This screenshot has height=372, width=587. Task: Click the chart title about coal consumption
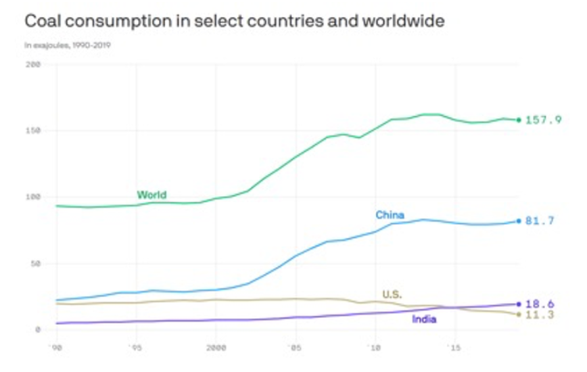(234, 21)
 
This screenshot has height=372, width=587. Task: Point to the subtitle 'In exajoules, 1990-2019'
(68, 46)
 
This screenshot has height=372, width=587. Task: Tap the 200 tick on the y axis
(33, 65)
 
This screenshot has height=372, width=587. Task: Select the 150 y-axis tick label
(33, 131)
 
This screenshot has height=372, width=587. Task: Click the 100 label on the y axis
(33, 197)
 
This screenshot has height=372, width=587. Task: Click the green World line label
(151, 195)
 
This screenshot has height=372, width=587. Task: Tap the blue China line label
(390, 216)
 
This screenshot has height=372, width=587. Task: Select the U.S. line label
(392, 294)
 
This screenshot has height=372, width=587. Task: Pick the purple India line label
(424, 319)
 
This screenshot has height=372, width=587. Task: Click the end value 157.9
(544, 120)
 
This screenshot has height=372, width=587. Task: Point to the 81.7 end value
(540, 221)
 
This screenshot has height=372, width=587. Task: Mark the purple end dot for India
(519, 304)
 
